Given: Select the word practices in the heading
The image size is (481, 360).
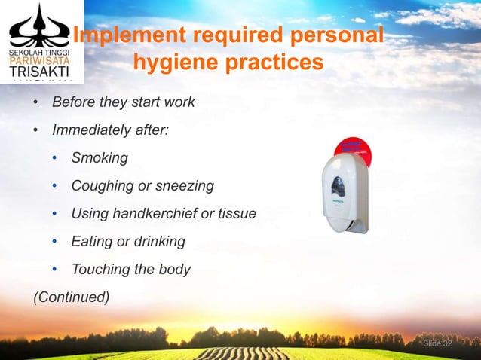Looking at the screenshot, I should click(x=279, y=63).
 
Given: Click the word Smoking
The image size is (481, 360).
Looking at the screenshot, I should click(x=100, y=158).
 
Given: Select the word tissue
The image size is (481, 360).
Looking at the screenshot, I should click(x=237, y=214).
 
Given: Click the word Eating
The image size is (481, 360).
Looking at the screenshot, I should click(x=92, y=242).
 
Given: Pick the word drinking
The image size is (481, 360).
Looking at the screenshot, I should click(x=158, y=242).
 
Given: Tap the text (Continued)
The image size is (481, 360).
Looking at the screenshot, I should click(x=70, y=297).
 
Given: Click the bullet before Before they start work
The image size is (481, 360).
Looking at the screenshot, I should click(x=35, y=102).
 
